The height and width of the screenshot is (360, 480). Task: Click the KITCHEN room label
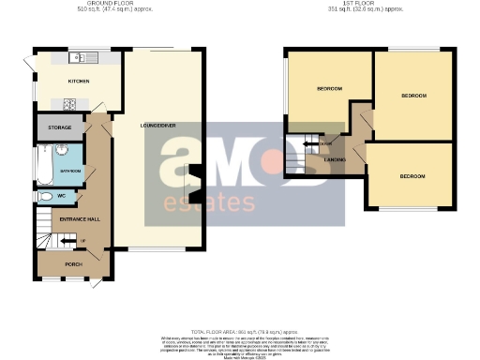click(x=78, y=82)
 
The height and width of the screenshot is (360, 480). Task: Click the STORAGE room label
click(x=60, y=127)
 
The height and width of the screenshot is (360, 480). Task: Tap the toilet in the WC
click(x=43, y=198)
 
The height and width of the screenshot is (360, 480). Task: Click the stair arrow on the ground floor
click(x=67, y=241)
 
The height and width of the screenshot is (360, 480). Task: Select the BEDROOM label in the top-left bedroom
click(x=328, y=89)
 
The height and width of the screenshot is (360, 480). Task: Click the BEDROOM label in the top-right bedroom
click(x=413, y=96)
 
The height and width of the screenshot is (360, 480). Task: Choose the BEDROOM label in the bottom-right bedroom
click(x=412, y=175)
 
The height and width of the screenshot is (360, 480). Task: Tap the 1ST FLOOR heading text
click(x=361, y=3)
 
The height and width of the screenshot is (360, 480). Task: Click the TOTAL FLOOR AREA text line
click(x=239, y=333)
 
